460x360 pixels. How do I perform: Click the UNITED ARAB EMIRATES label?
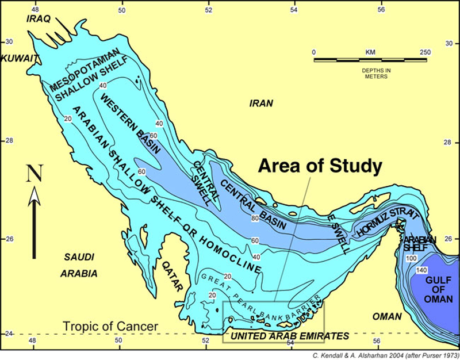click(x=290, y=336)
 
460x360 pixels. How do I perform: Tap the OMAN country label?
click(x=385, y=316)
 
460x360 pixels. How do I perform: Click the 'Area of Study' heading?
click(x=320, y=167)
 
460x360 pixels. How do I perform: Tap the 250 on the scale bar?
click(x=425, y=52)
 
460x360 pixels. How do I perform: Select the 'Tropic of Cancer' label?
click(x=110, y=326)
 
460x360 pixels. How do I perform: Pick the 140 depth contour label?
click(x=422, y=270)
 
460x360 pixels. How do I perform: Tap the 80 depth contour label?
click(x=255, y=219)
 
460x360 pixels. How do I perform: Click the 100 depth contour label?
click(x=411, y=259)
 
